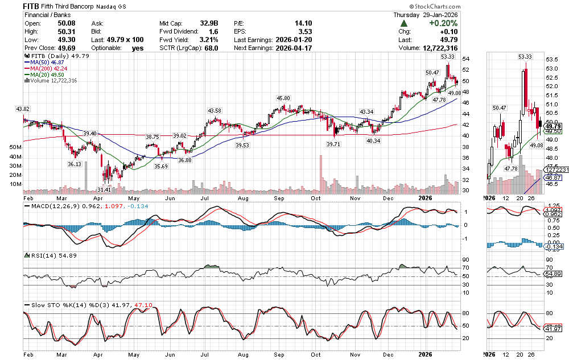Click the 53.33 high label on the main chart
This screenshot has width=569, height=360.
click(447, 57)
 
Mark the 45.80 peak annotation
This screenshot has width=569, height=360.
click(283, 98)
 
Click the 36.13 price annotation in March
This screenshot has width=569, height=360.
click(75, 164)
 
